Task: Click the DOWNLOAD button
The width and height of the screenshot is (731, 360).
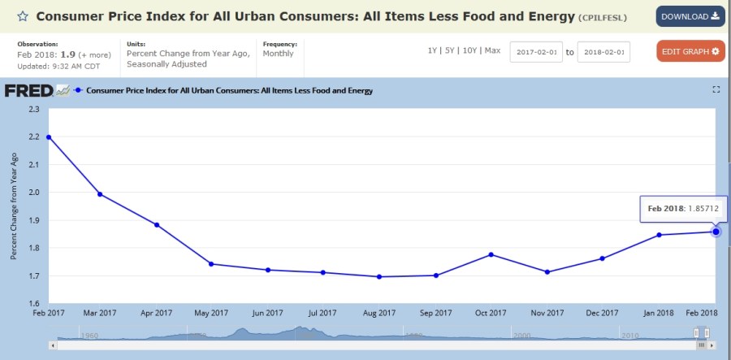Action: tap(690, 16)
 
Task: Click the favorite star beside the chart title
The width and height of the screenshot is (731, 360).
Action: tap(23, 16)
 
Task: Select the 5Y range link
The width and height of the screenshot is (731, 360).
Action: tap(450, 50)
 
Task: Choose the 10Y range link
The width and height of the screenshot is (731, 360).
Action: tap(469, 50)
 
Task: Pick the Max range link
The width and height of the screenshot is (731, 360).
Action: tap(492, 50)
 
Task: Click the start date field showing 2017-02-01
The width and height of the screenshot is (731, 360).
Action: tap(536, 52)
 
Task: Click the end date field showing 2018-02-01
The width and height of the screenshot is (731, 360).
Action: tap(603, 52)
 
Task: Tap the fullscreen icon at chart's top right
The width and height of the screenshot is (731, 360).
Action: tap(716, 89)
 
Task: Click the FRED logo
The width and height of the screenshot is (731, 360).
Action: tap(29, 90)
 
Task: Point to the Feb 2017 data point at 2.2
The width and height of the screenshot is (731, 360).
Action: tap(49, 137)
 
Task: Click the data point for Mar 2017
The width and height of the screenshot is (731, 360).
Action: tap(100, 194)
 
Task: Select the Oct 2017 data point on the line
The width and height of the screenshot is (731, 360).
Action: tap(491, 255)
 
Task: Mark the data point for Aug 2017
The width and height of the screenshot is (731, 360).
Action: tap(379, 277)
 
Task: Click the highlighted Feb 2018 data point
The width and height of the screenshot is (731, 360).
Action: tap(716, 232)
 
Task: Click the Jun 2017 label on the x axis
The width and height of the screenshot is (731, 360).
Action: tap(268, 313)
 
